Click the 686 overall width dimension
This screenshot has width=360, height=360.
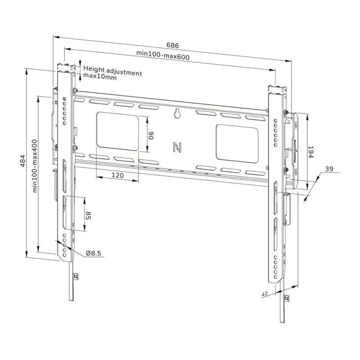[x=173, y=45]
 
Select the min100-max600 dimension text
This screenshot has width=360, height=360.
[x=163, y=56]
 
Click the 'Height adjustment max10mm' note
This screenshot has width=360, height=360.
[x=112, y=75]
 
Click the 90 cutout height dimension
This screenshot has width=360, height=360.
[x=152, y=135]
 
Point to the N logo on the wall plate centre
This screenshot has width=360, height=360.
[x=177, y=147]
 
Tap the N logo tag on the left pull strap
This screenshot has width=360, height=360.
[x=75, y=276]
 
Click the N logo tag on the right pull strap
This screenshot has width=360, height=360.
[x=287, y=298]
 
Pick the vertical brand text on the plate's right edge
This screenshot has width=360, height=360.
[x=295, y=151]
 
